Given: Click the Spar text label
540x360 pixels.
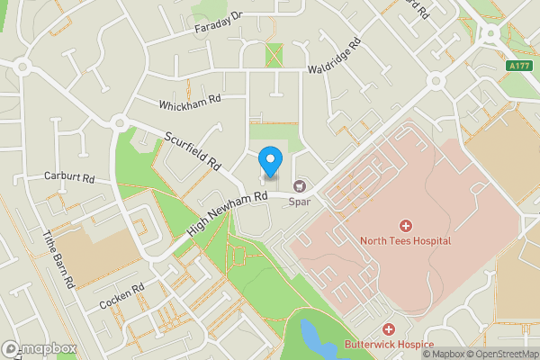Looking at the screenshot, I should [299, 203].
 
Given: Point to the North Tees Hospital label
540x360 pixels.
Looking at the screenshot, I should [405, 241].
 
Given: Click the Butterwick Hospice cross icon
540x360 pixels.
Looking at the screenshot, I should [389, 329].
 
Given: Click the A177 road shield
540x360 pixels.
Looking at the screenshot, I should [519, 65].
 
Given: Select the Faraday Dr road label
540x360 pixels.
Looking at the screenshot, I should [219, 23].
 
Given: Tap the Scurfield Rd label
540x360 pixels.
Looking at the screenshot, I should [193, 151].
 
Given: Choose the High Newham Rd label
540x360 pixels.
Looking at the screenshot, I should [229, 215].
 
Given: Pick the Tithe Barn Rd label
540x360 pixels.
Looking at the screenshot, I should [59, 259].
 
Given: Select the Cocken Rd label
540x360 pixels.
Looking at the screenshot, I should [122, 298].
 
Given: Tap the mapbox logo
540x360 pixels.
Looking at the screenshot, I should [39, 348].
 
